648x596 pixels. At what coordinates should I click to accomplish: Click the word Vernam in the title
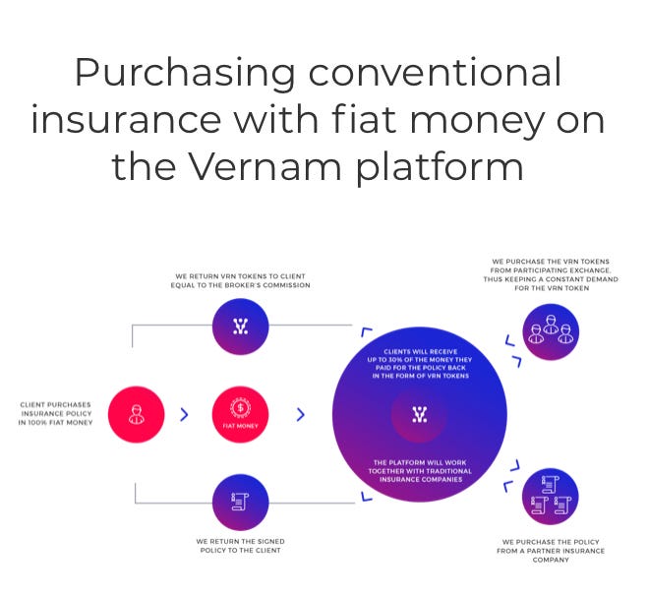(265, 166)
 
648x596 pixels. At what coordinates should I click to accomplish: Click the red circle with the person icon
(136, 414)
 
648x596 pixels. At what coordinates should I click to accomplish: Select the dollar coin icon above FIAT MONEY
(240, 408)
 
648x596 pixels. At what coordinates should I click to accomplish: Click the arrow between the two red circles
(184, 415)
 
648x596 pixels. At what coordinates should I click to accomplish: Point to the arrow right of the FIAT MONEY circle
(301, 415)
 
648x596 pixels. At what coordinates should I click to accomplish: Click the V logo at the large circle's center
(420, 415)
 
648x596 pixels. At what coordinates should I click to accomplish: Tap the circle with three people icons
(551, 331)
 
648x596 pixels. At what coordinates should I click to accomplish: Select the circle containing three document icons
(550, 497)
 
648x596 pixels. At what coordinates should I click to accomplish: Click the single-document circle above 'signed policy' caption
(240, 503)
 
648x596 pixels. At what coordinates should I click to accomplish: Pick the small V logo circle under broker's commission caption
(240, 327)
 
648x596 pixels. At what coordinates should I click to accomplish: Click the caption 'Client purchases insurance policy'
(55, 413)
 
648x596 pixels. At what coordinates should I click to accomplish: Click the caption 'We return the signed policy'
(240, 546)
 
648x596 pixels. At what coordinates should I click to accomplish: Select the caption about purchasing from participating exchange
(551, 274)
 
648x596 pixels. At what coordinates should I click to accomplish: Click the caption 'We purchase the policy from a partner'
(551, 551)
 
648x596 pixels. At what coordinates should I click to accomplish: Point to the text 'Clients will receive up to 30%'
(420, 364)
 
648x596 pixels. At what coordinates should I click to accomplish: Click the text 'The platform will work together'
(420, 471)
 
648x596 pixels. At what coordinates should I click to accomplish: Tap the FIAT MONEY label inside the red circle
(240, 426)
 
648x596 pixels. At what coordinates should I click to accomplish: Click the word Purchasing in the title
(185, 73)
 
